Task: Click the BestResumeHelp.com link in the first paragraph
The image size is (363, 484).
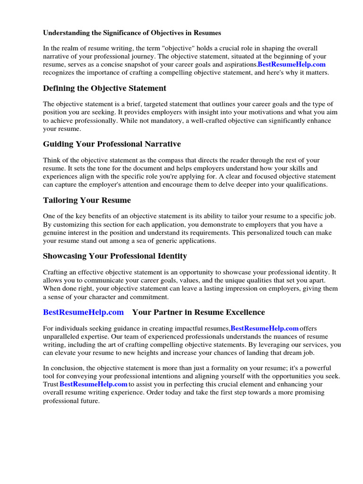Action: click(291, 64)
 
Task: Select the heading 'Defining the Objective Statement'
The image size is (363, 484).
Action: click(104, 88)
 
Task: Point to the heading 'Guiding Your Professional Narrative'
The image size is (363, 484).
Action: click(112, 144)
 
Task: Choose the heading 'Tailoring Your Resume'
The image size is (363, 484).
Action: click(86, 200)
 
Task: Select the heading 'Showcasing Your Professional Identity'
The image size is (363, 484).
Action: click(115, 256)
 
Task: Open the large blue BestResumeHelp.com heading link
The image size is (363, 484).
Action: click(83, 312)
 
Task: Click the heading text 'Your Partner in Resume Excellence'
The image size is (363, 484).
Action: click(199, 312)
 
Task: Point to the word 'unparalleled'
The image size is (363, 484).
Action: click(62, 337)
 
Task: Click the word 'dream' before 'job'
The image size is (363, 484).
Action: click(298, 353)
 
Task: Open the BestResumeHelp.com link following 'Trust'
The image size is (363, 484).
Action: click(94, 385)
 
